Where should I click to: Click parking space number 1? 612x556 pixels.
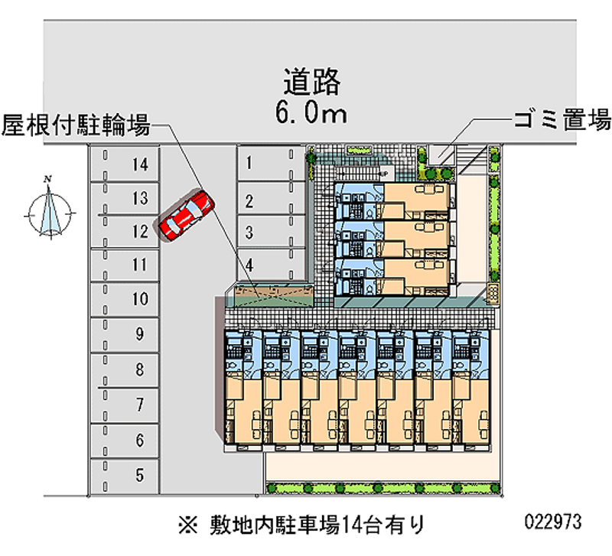[264, 162]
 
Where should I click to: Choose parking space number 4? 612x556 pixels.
[264, 266]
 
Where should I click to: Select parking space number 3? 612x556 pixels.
[264, 230]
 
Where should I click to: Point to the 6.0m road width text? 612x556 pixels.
[311, 114]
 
